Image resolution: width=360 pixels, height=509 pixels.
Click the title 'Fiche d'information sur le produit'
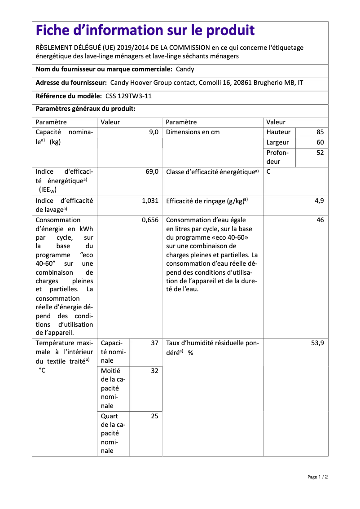tap(145, 31)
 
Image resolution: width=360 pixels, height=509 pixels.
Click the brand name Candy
tap(185, 69)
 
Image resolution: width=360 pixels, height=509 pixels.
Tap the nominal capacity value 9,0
tap(154, 132)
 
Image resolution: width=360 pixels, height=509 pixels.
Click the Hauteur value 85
tap(320, 132)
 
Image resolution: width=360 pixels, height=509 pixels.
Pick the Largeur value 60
tap(320, 142)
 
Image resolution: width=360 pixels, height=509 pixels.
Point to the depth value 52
tap(320, 153)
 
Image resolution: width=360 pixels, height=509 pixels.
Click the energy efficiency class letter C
tap(268, 171)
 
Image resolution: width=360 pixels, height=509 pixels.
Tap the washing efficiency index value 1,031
tap(150, 201)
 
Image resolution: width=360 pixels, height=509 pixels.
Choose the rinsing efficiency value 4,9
tap(319, 201)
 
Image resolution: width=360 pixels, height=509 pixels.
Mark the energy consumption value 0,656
tap(150, 220)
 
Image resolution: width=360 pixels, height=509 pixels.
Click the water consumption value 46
tap(320, 220)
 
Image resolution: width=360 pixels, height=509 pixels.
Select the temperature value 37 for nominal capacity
tap(154, 342)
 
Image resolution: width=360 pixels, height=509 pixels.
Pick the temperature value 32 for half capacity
tap(154, 371)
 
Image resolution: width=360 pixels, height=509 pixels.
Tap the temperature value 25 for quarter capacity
tap(154, 416)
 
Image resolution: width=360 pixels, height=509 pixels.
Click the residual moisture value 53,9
tap(317, 342)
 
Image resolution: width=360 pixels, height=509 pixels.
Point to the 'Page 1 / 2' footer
tap(317, 477)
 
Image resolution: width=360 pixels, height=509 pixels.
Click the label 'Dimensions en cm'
tap(193, 132)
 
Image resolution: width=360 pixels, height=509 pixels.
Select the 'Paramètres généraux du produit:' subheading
tap(85, 109)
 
